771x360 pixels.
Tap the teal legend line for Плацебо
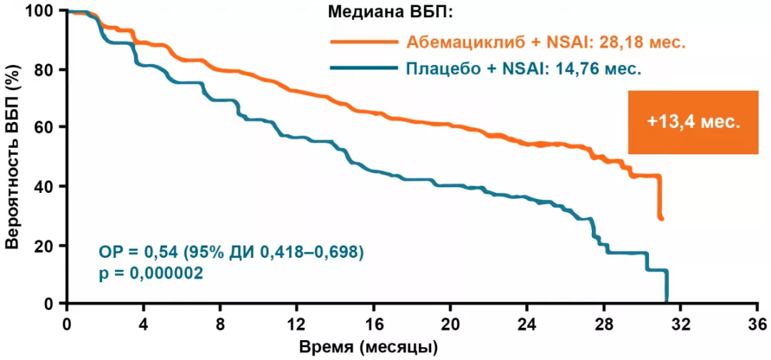point(364,69)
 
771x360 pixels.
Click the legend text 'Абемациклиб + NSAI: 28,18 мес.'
point(546,41)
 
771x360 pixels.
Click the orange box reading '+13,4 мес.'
point(692,122)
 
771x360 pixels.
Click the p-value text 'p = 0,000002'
point(149,273)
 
